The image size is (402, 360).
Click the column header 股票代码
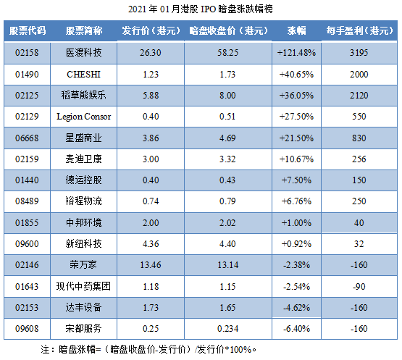point(28,31)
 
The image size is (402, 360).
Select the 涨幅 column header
point(296,31)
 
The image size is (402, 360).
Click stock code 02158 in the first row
point(28,53)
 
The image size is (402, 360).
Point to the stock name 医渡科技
point(84,53)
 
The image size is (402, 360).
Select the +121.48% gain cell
point(296,53)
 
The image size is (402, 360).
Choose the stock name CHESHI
point(84,74)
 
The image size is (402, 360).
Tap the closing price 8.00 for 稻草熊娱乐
point(228,95)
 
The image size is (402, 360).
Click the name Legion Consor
point(84,116)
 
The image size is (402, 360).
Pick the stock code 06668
point(28,137)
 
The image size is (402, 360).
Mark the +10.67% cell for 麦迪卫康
point(296,158)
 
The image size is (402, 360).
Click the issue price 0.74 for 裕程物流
point(151,200)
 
